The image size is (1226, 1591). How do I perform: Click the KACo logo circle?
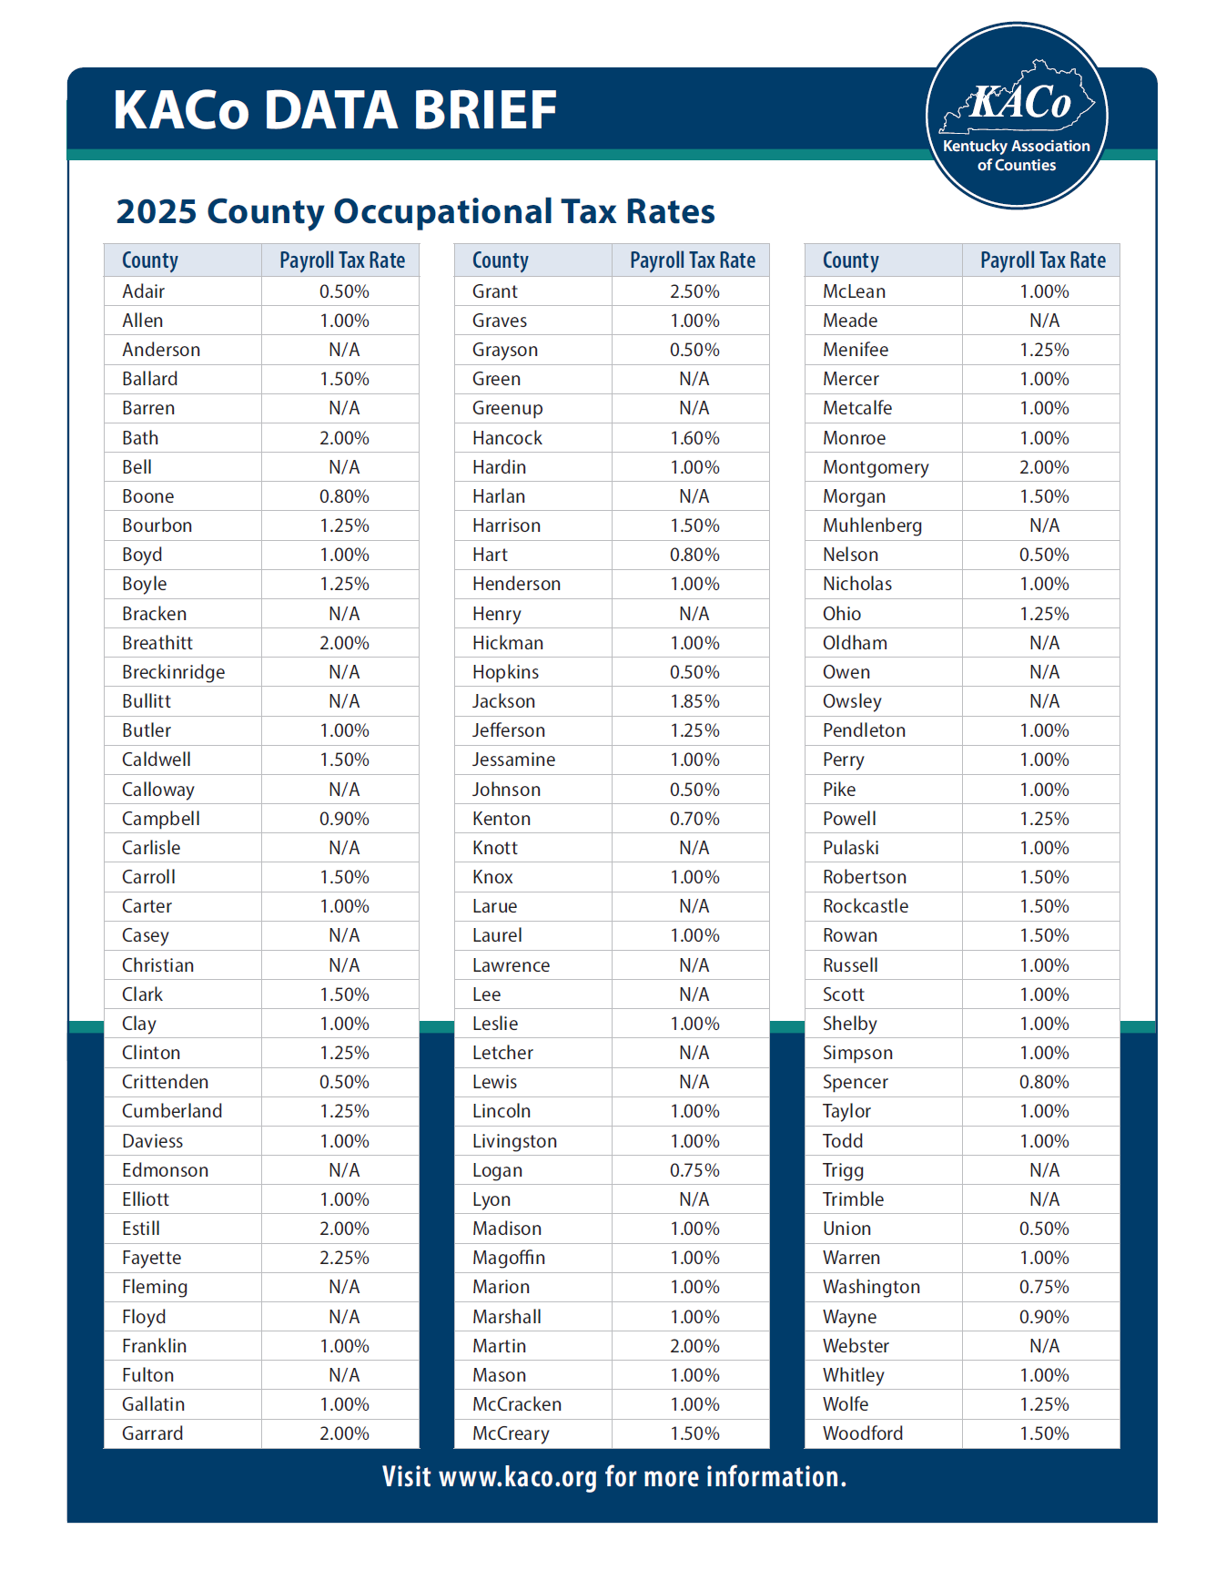(x=1016, y=116)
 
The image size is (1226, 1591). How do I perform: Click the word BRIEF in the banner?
(x=484, y=110)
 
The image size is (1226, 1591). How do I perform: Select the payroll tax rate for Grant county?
(x=694, y=291)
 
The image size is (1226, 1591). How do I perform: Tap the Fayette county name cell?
(x=152, y=1258)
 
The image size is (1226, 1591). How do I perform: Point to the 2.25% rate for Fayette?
(x=344, y=1258)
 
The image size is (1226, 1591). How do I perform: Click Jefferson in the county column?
(x=509, y=730)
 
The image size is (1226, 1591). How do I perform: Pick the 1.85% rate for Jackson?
(x=694, y=701)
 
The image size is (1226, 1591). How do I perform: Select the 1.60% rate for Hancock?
(x=694, y=438)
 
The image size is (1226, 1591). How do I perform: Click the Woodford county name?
(x=863, y=1433)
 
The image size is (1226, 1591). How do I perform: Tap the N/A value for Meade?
(x=1044, y=321)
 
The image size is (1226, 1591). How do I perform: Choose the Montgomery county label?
(x=876, y=467)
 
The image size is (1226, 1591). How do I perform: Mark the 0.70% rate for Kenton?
(x=694, y=819)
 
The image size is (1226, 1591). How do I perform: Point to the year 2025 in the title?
(x=157, y=211)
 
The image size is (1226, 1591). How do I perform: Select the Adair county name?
(x=144, y=291)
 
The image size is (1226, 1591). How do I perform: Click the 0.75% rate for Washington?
(x=1044, y=1287)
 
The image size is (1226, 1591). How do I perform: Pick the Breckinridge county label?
(x=174, y=672)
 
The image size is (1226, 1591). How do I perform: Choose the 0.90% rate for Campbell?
(x=344, y=819)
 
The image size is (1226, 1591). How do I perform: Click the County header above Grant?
(x=500, y=260)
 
